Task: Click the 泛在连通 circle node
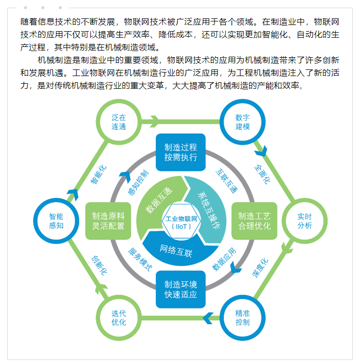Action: click(118, 122)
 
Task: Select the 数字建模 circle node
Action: click(243, 122)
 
